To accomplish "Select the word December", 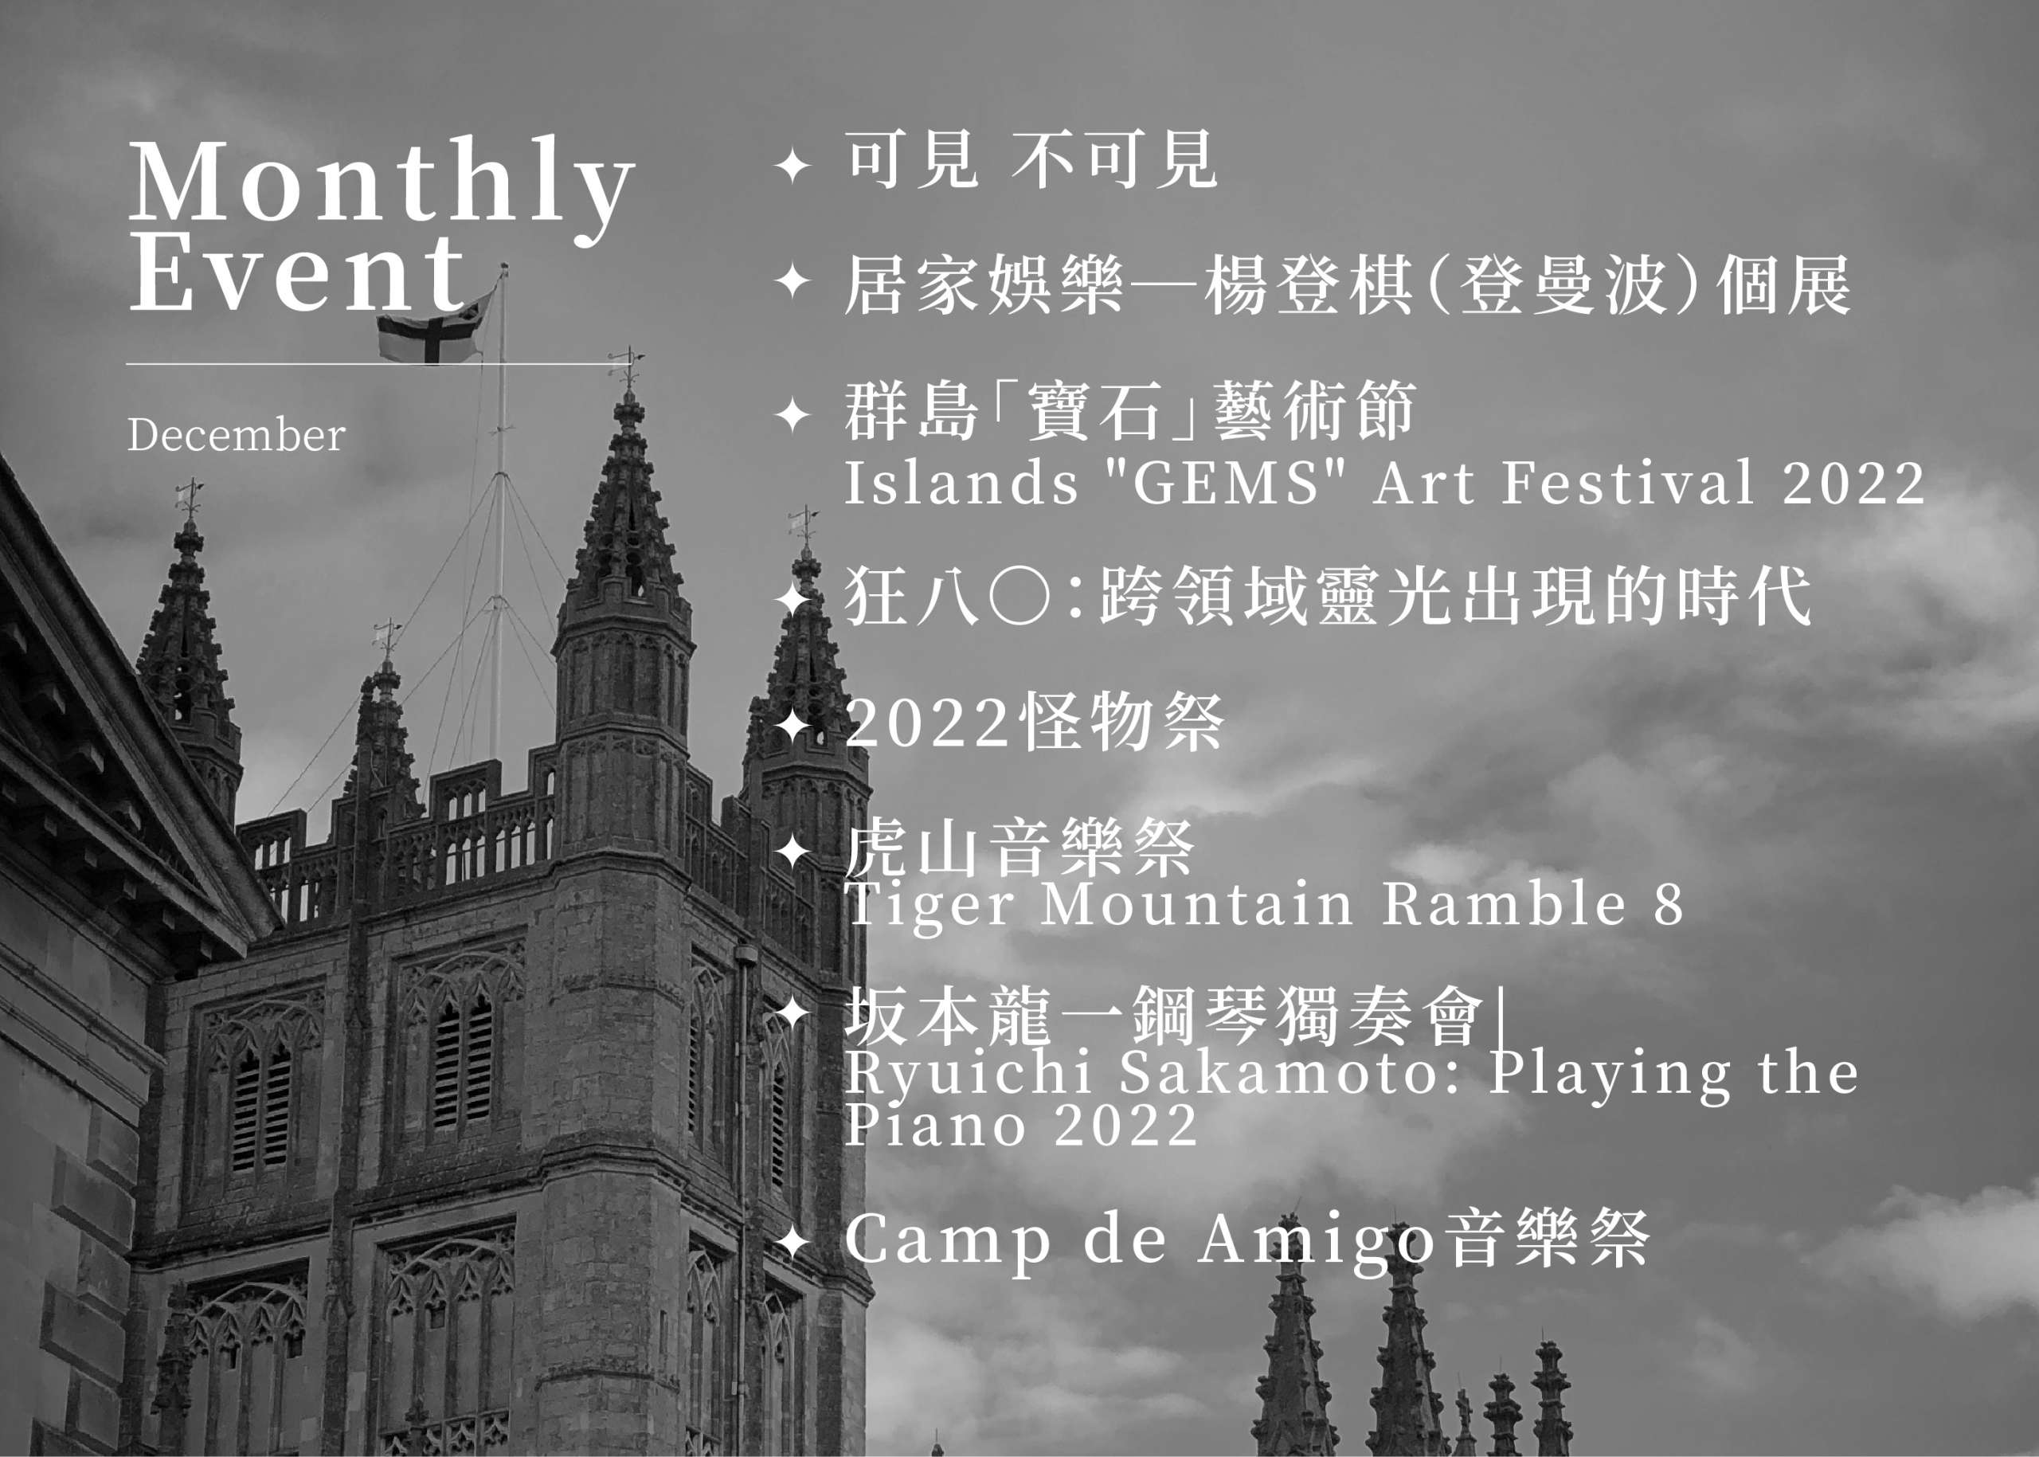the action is (236, 435).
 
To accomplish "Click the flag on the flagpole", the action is (435, 327).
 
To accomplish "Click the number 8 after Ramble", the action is (1669, 904).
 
